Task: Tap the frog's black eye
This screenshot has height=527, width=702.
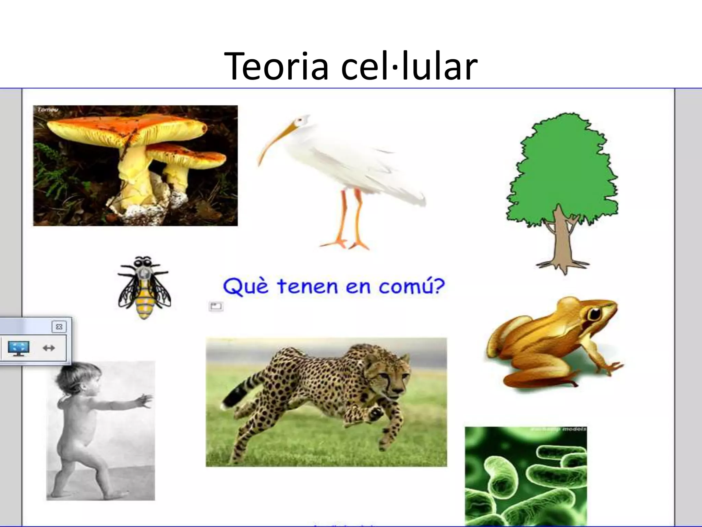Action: click(x=595, y=313)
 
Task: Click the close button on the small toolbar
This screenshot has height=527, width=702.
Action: click(x=59, y=327)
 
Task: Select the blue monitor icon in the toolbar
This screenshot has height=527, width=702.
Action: click(x=19, y=348)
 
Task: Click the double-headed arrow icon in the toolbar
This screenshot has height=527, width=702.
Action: click(x=49, y=348)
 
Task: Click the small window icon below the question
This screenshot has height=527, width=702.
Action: click(x=216, y=306)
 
